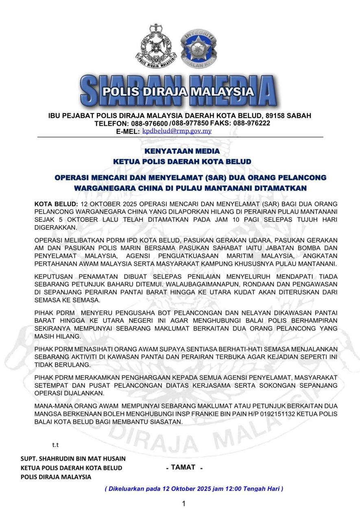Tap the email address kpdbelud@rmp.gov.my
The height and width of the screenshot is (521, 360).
tap(177, 131)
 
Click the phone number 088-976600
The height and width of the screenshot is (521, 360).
tap(150, 123)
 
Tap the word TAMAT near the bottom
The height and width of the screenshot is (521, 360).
tap(183, 467)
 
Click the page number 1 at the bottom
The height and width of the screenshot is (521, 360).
tap(183, 504)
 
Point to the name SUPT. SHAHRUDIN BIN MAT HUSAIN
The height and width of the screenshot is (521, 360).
tap(73, 459)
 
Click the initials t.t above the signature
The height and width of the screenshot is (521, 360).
tap(55, 445)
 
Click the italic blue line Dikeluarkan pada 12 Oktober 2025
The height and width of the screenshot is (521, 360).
tap(194, 488)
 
